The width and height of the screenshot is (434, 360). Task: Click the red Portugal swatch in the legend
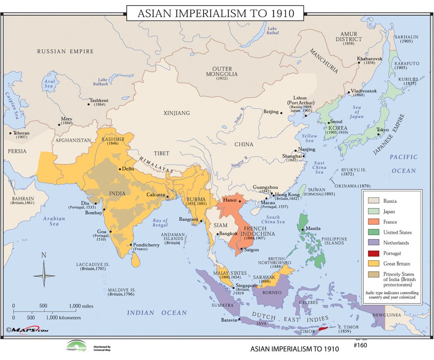pyautogui.click(x=374, y=253)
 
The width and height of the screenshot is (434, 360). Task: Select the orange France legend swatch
pyautogui.click(x=374, y=222)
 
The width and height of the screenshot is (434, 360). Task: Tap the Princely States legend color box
pyautogui.click(x=374, y=274)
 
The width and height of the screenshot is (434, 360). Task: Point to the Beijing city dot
pyautogui.click(x=281, y=113)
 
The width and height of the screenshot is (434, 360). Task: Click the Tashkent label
pyautogui.click(x=99, y=101)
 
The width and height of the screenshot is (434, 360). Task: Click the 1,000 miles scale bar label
pyautogui.click(x=81, y=306)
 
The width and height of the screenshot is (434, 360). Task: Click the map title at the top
pyautogui.click(x=216, y=13)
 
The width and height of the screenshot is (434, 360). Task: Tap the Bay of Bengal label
pyautogui.click(x=160, y=223)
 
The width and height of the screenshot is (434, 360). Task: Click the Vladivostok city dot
pyautogui.click(x=348, y=92)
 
